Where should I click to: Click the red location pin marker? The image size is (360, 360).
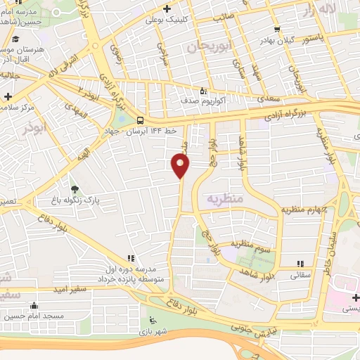tap(181, 165)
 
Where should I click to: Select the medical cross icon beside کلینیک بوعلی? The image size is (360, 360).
tap(167, 9)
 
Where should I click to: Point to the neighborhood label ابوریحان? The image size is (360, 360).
tap(209, 47)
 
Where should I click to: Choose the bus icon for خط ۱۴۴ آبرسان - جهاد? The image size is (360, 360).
tap(140, 120)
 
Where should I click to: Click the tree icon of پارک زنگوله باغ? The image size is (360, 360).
tap(75, 188)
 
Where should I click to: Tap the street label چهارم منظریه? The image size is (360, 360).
tap(302, 209)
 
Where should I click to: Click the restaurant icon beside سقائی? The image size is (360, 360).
tap(299, 264)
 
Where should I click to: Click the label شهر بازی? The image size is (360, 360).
tap(150, 330)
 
